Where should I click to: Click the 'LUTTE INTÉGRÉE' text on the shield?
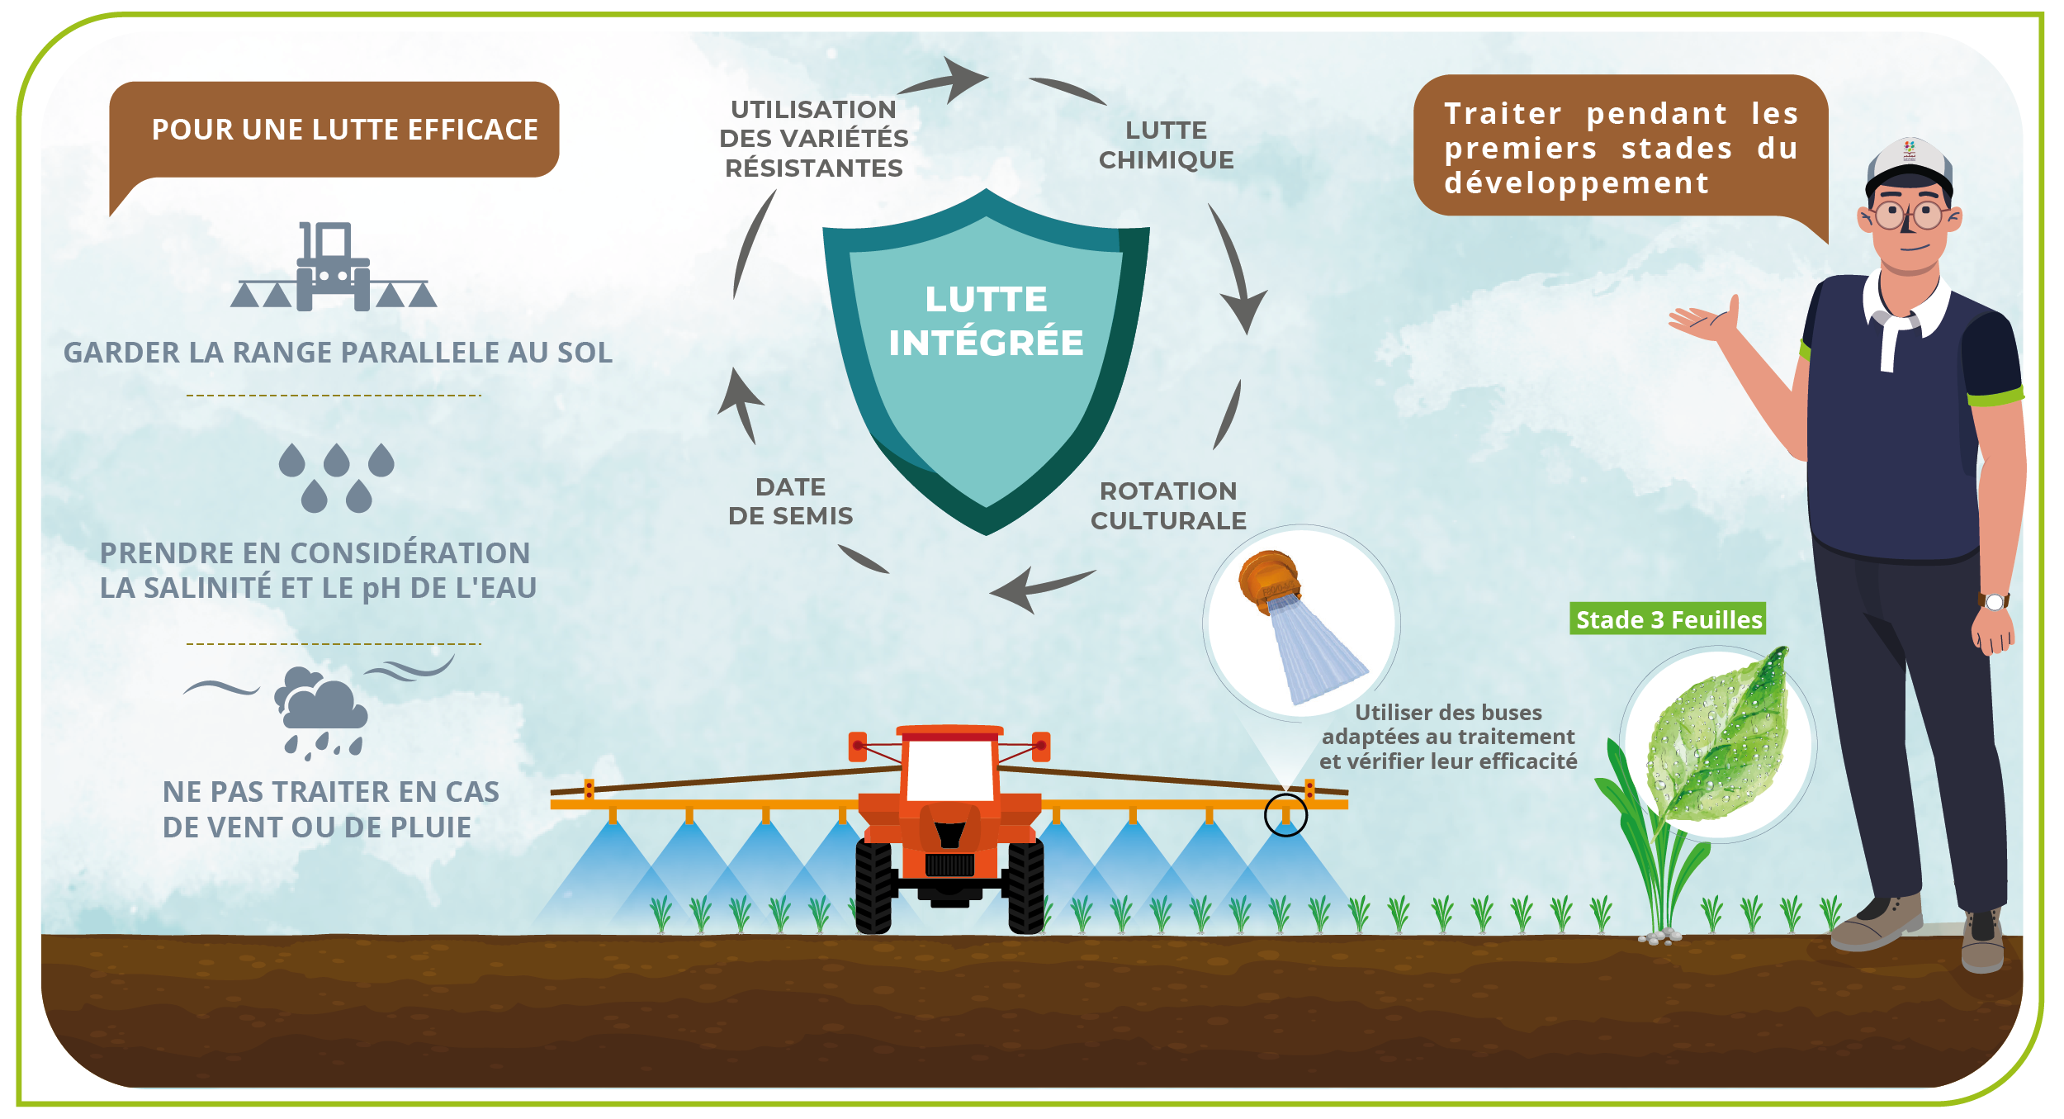coord(986,321)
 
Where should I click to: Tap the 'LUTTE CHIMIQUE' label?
coord(1166,145)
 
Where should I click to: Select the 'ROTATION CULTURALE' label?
coord(1168,505)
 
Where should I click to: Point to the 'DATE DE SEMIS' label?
coord(790,501)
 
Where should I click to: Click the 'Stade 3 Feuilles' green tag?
coord(1668,619)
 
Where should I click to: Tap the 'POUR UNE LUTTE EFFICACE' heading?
coord(344,130)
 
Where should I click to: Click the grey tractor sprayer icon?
coord(334,268)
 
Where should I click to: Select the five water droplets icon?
coord(336,477)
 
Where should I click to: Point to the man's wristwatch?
coord(1994,601)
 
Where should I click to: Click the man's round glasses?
coord(1908,216)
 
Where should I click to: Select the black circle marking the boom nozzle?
coord(1285,815)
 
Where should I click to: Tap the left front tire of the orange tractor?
coord(873,887)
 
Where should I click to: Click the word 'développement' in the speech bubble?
coord(1576,183)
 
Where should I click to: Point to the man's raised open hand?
coord(1705,320)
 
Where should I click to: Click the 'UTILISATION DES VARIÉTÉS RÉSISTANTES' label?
coord(814,139)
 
